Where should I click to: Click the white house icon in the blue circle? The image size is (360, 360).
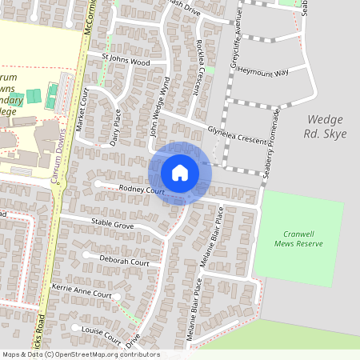click(180, 172)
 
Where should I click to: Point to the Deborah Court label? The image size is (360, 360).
click(124, 262)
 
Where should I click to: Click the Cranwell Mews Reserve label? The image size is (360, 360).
click(297, 238)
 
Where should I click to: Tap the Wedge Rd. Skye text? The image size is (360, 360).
click(327, 126)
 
